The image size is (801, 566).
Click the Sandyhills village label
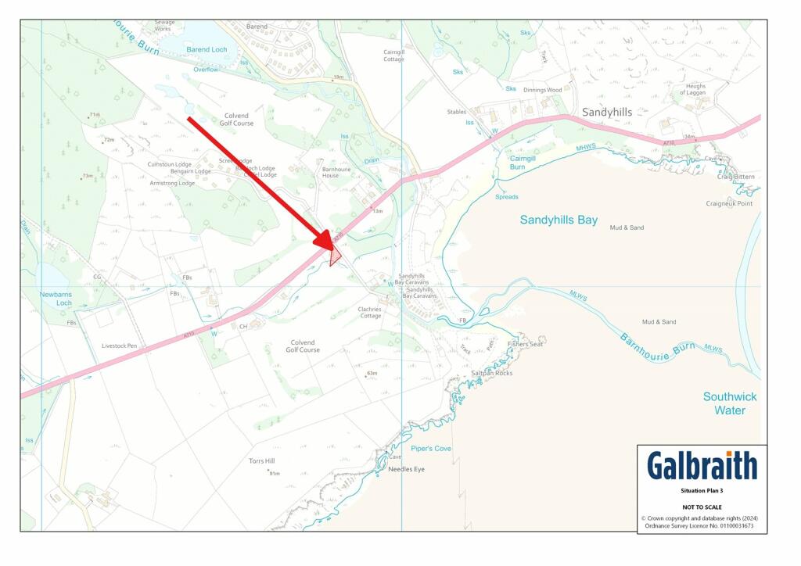click(x=606, y=113)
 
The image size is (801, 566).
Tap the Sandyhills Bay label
click(x=559, y=220)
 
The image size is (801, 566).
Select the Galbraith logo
click(x=702, y=466)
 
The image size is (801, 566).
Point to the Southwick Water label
click(x=729, y=403)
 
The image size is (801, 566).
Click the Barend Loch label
click(x=206, y=49)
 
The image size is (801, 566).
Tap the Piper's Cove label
click(x=431, y=448)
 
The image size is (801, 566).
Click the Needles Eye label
click(x=406, y=469)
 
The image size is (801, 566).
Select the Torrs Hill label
click(x=261, y=461)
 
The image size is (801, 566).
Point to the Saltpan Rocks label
click(x=491, y=373)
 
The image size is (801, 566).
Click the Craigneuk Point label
click(x=729, y=203)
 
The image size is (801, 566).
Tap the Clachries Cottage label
click(x=370, y=312)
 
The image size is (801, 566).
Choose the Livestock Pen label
click(x=119, y=345)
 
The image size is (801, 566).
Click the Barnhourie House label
click(x=336, y=172)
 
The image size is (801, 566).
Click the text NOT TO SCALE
click(x=701, y=507)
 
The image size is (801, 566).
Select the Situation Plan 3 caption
click(x=701, y=493)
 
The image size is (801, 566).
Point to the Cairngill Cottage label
click(x=393, y=56)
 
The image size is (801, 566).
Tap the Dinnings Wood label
click(x=543, y=90)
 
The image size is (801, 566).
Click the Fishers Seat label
click(x=524, y=344)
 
